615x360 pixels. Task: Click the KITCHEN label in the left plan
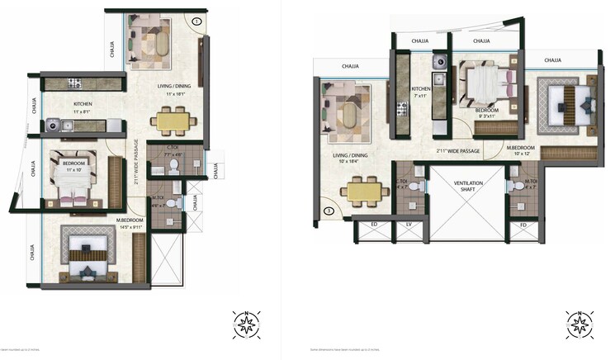click(82, 104)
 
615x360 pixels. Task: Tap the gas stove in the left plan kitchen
click(73, 83)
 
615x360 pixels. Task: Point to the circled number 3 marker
click(328, 211)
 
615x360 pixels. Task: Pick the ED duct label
click(374, 224)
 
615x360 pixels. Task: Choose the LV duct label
click(408, 224)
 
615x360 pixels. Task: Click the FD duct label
click(523, 224)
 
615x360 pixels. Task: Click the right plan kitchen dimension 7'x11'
click(420, 96)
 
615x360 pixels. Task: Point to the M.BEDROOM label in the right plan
click(521, 147)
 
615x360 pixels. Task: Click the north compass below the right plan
click(580, 324)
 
